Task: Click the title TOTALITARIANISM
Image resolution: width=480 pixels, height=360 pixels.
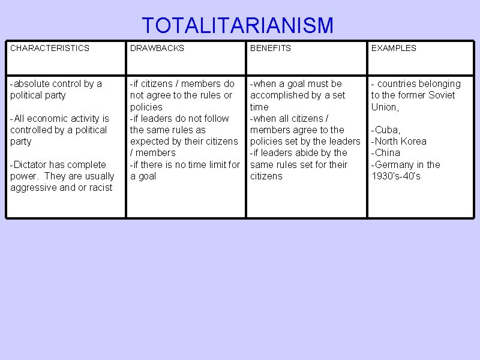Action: point(238,26)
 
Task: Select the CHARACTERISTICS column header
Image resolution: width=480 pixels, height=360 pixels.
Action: point(50,48)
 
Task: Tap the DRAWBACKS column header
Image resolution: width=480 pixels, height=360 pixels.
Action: point(157,48)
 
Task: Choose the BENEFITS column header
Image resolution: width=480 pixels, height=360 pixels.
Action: point(271,48)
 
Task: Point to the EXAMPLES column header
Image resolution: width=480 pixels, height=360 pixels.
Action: point(394,48)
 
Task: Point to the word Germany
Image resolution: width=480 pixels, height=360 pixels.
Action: point(395,164)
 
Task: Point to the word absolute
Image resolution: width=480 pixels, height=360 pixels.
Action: point(32,84)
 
